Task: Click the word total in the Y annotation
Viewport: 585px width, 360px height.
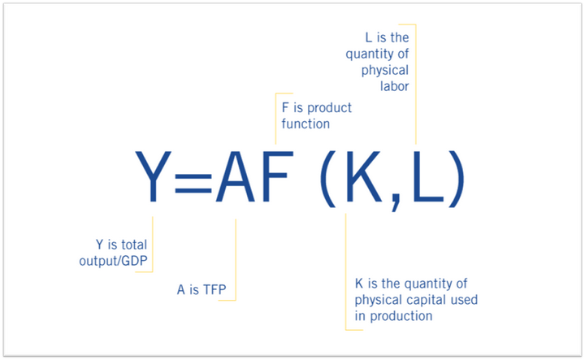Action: point(140,244)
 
